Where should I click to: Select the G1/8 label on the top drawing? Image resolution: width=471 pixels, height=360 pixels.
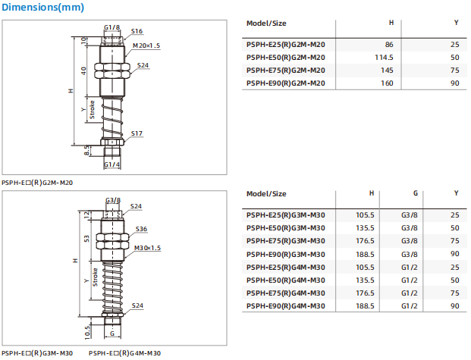pos(111,27)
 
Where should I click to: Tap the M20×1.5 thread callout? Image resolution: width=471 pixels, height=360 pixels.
pos(146,45)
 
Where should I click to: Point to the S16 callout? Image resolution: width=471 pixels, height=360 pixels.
pos(137,31)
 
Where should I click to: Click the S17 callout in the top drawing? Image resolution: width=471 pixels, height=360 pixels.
pos(137,133)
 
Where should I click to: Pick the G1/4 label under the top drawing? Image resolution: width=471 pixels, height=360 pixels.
pos(111,164)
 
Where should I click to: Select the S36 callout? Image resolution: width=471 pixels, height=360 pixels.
pos(141,229)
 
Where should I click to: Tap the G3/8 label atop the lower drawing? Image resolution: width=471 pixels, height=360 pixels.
pos(112,200)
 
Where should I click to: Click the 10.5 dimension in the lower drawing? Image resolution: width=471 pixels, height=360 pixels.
pos(88,330)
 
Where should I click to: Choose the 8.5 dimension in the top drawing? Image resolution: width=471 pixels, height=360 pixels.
pos(86,152)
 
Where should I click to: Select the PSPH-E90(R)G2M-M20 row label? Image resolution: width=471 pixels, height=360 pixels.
pos(286,83)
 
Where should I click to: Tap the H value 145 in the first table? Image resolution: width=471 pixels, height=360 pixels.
pos(386,70)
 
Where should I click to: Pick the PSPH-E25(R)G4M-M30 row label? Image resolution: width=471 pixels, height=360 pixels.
pos(286,267)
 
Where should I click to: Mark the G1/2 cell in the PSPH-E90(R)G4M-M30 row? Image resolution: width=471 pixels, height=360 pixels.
pos(410,305)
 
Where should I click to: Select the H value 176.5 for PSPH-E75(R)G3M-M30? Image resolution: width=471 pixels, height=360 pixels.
pos(365,241)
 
